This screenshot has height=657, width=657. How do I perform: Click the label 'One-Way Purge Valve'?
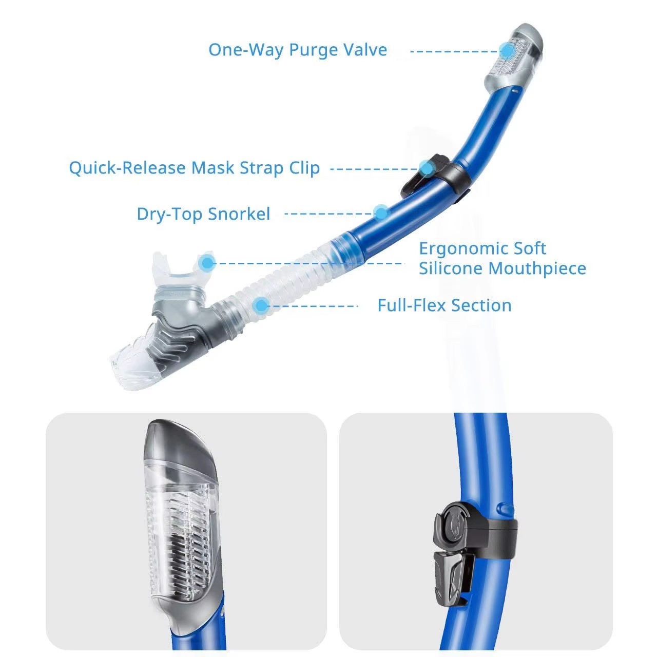(x=298, y=50)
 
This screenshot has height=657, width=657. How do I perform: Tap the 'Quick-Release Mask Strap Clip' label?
(x=195, y=168)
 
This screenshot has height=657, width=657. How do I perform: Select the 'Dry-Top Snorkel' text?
(x=204, y=215)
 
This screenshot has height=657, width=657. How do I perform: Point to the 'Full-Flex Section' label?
(x=445, y=305)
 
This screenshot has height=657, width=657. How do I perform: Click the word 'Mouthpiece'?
(x=537, y=268)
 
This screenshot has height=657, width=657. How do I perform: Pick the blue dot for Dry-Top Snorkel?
(x=381, y=213)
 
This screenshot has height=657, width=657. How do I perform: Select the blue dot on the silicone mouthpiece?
(x=207, y=263)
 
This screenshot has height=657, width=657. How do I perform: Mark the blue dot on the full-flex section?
(x=261, y=305)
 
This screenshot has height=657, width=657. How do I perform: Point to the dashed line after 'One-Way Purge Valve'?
(x=455, y=51)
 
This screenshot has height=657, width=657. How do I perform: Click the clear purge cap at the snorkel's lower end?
(x=131, y=358)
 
